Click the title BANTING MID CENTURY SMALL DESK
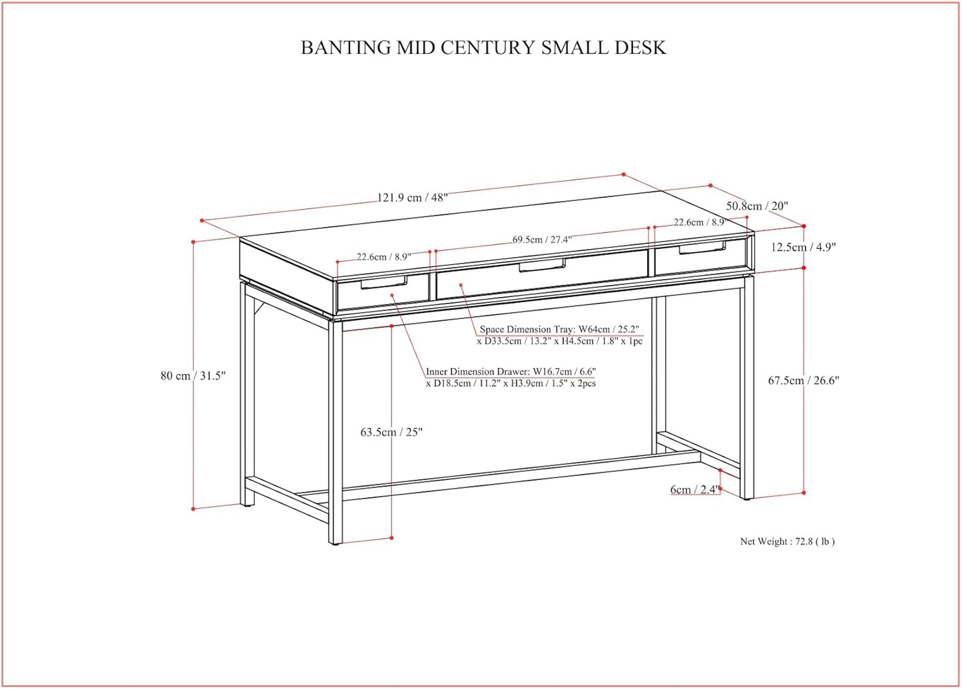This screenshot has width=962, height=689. pos(483,48)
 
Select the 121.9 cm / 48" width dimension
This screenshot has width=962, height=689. pos(412,197)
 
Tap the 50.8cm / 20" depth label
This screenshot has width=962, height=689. pos(756,206)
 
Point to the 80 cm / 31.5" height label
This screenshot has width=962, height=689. pos(192,375)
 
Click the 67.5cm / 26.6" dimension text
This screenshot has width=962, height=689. pos(804,381)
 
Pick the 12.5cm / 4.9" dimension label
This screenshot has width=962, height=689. pos(803,247)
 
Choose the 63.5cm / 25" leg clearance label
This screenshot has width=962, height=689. pos(391,432)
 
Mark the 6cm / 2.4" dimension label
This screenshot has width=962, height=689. pos(694,490)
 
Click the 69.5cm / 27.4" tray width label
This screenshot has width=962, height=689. pos(541,240)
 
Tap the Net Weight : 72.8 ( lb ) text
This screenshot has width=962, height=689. pos(787,542)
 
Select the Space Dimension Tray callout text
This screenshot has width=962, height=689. pos(559,335)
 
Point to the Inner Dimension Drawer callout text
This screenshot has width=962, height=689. pos(511,377)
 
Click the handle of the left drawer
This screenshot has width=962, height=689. pos(384,284)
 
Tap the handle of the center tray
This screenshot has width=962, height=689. pos(542,266)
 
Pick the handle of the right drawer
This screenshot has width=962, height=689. pos(702,248)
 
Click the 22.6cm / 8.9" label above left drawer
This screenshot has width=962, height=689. pos(383,257)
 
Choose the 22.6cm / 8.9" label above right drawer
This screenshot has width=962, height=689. pos(698,222)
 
